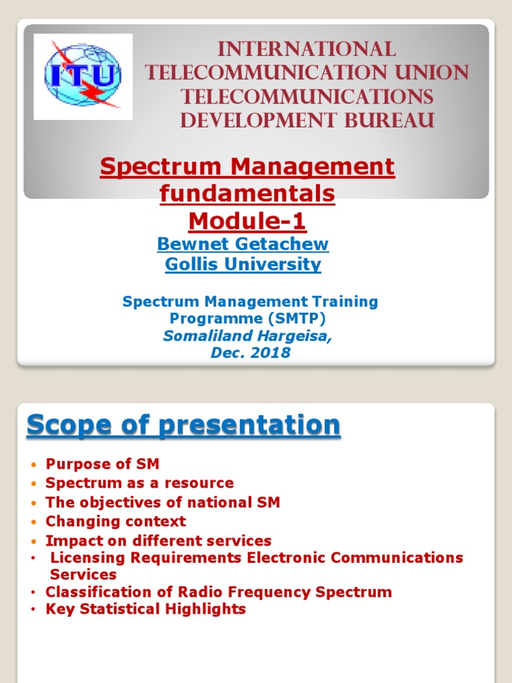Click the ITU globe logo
point(83,76)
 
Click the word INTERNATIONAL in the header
point(307,49)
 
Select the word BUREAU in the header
point(389,120)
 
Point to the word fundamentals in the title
point(247,193)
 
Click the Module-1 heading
point(247,221)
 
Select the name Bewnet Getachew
point(243,244)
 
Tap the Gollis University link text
point(243,264)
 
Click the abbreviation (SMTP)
point(297,319)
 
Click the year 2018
point(271,352)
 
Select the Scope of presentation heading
point(183,425)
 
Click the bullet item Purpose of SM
point(102,464)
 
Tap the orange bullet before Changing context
point(34,522)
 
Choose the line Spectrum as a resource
point(139,483)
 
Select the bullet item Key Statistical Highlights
point(145,609)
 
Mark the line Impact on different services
point(159,541)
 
